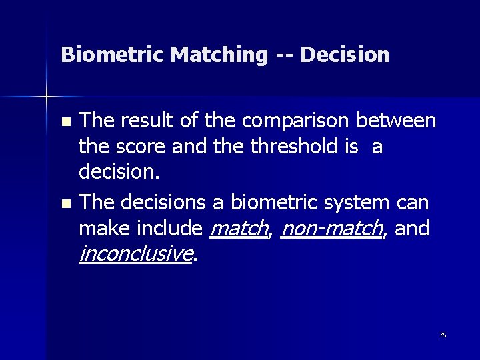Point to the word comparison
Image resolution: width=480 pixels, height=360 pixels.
(x=297, y=121)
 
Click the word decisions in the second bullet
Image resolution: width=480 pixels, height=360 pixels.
(x=160, y=203)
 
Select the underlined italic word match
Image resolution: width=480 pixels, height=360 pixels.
(x=238, y=228)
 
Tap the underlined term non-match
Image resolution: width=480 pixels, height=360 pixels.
(x=331, y=228)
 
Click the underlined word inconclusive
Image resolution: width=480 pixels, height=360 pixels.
(x=135, y=253)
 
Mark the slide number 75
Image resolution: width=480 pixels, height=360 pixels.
(x=443, y=335)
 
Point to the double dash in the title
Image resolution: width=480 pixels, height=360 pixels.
(x=283, y=55)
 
